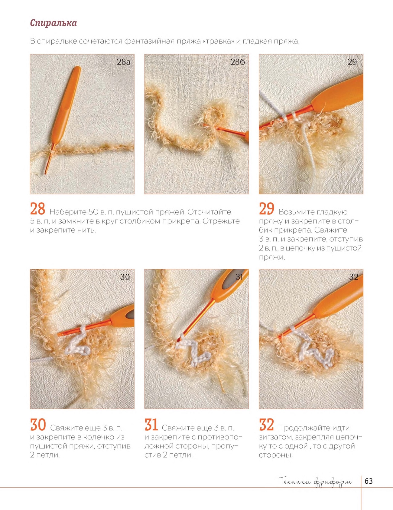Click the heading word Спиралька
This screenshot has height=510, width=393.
pyautogui.click(x=54, y=23)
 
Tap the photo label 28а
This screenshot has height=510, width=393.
pyautogui.click(x=123, y=62)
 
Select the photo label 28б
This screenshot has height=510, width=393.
pyautogui.click(x=238, y=62)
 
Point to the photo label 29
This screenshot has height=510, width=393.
pyautogui.click(x=352, y=62)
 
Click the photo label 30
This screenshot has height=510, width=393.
pyautogui.click(x=125, y=277)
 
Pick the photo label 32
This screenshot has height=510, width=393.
pyautogui.click(x=354, y=277)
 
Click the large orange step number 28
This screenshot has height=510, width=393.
pyautogui.click(x=38, y=209)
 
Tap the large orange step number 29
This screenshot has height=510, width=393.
pyautogui.click(x=267, y=209)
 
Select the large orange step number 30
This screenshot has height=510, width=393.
pyautogui.click(x=38, y=425)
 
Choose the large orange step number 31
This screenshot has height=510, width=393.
pyautogui.click(x=151, y=425)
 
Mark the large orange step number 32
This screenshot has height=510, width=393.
pyautogui.click(x=267, y=425)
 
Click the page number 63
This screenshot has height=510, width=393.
pyautogui.click(x=369, y=481)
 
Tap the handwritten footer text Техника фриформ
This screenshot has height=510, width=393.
pyautogui.click(x=316, y=482)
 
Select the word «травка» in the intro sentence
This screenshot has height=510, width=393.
pyautogui.click(x=219, y=41)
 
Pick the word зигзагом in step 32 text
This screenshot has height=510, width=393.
pyautogui.click(x=275, y=437)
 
